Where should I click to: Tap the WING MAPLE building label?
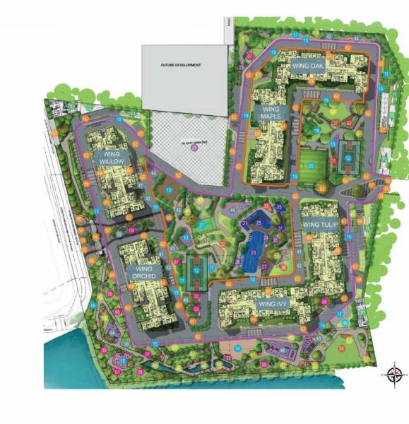tap(271, 114)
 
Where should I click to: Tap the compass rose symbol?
tap(393, 375)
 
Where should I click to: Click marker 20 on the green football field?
tap(311, 167)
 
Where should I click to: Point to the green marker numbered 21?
tap(201, 225)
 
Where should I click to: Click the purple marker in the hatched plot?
tap(194, 148)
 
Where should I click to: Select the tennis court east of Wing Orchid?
tap(196, 269)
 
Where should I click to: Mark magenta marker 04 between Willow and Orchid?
tap(131, 230)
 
